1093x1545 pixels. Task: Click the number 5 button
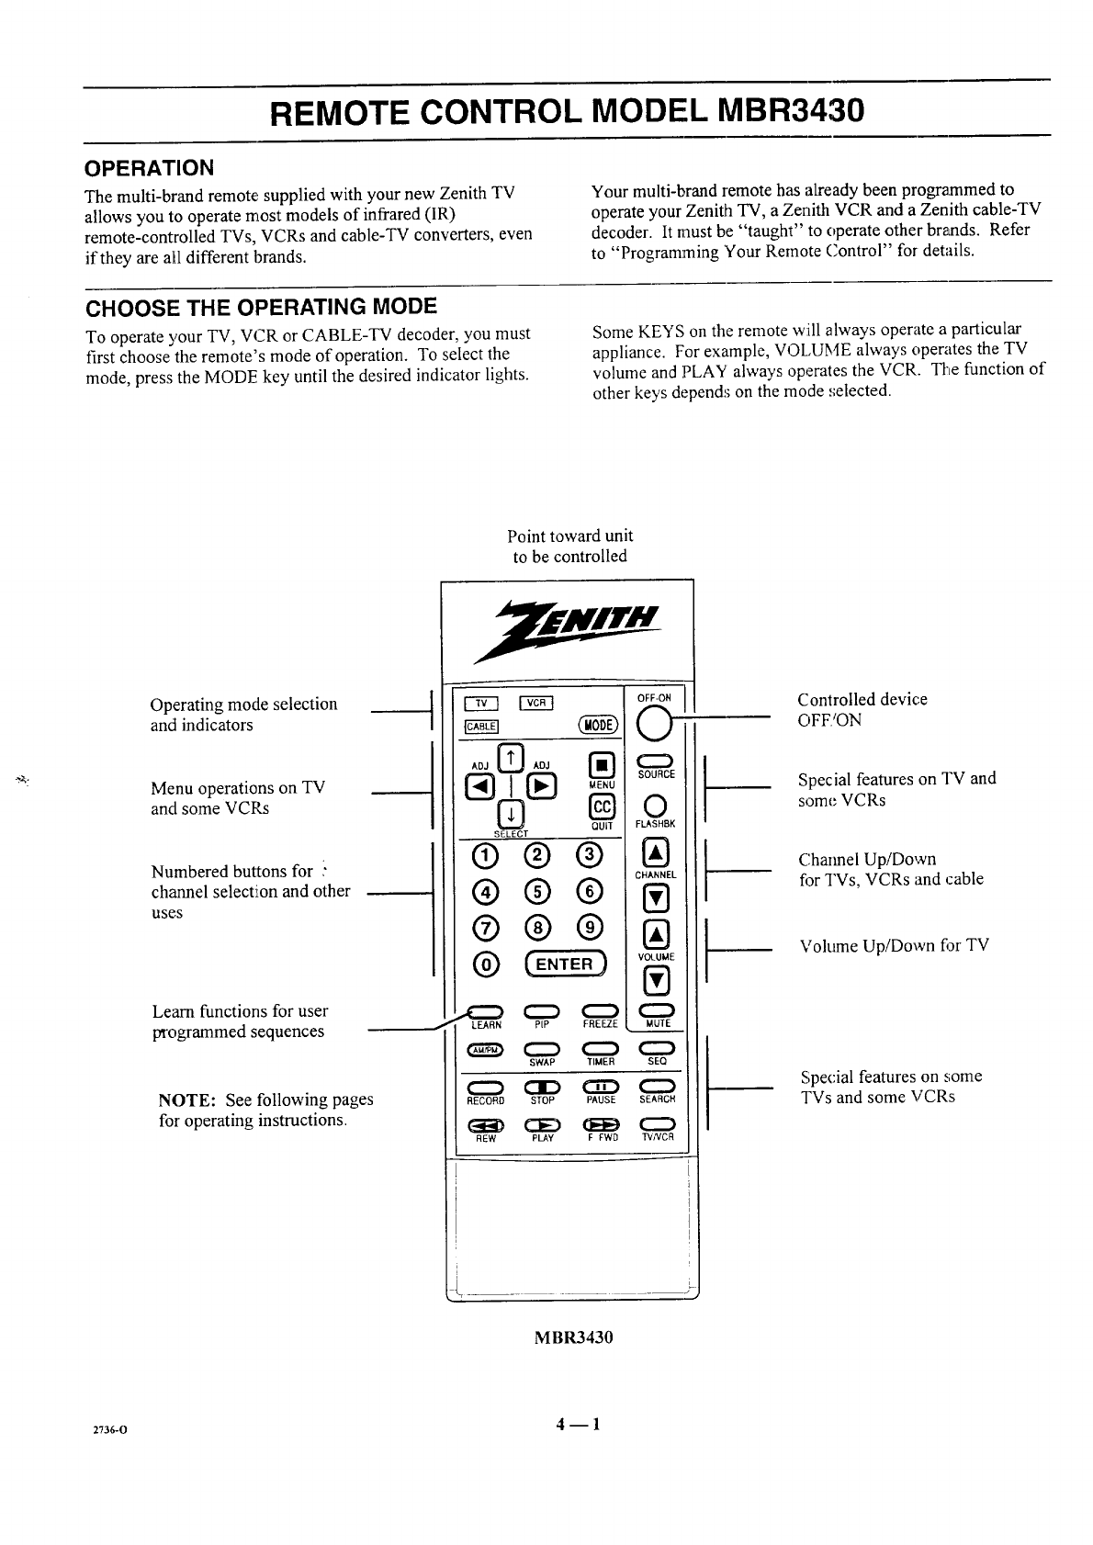[539, 891]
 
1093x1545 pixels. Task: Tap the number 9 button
[591, 928]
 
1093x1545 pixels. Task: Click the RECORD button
[485, 1088]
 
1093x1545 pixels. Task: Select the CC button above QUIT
[601, 806]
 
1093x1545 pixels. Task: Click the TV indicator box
[481, 705]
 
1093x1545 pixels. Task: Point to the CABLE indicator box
[481, 727]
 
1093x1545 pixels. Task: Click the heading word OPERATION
[149, 168]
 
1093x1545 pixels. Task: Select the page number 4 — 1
[577, 1425]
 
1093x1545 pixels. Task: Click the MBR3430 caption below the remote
[573, 1336]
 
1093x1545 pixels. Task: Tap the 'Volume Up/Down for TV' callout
[894, 945]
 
